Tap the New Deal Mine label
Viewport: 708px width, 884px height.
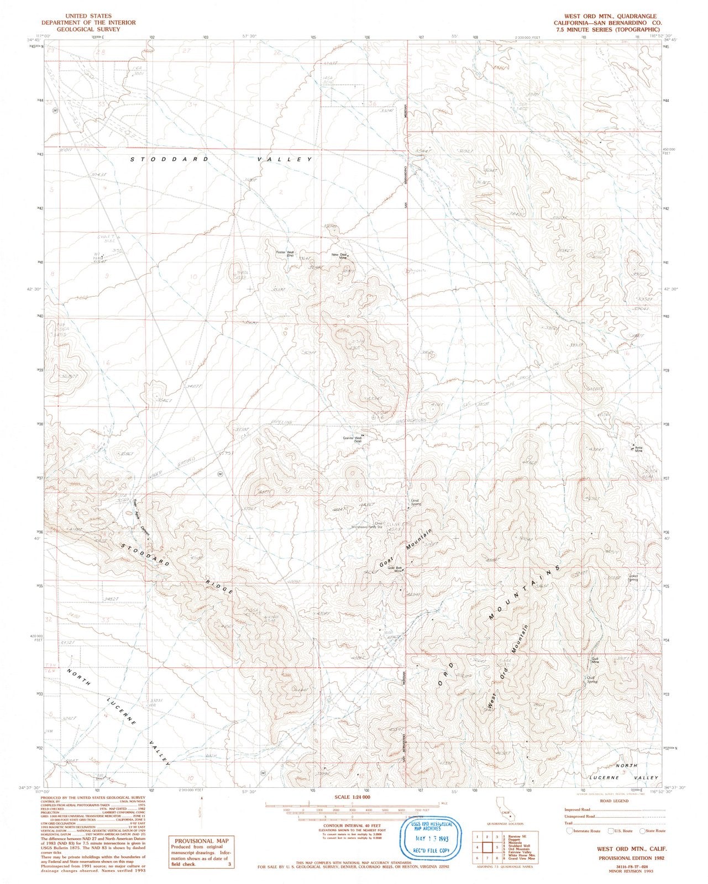coord(339,256)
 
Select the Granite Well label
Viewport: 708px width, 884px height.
coord(352,440)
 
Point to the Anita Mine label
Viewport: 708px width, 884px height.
coord(639,449)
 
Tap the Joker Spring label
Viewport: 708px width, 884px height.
coord(633,578)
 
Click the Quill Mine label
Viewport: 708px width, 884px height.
coord(595,659)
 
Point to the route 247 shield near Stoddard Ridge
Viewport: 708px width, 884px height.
coord(221,474)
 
